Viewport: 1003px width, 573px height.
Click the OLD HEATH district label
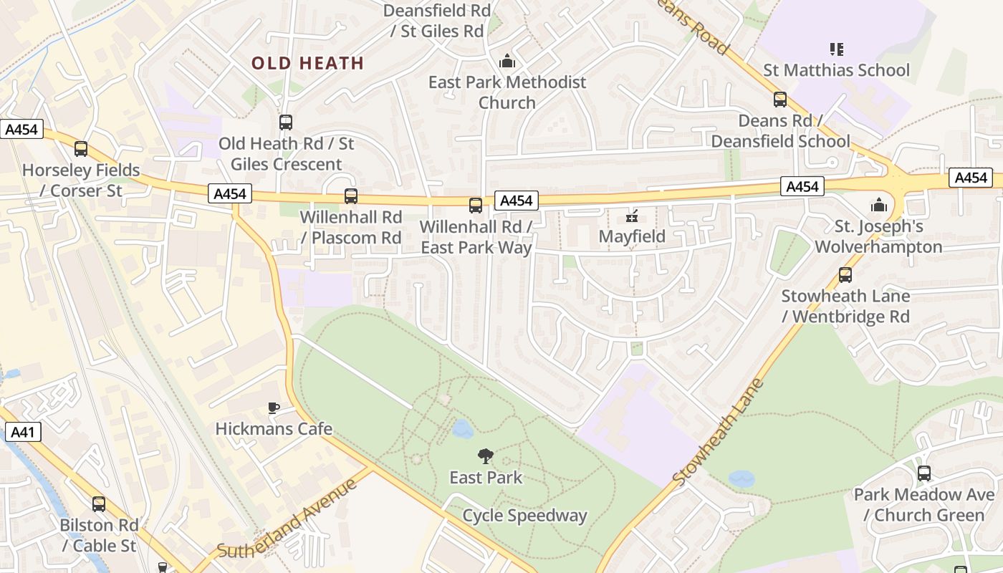coord(308,63)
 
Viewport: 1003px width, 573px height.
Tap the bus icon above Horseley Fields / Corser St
coord(81,149)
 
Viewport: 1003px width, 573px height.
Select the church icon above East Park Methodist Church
coord(507,62)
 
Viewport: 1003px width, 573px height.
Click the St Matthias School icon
coord(836,49)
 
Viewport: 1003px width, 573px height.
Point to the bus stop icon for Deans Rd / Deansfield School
coord(780,100)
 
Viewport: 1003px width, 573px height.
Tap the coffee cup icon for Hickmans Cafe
coord(274,408)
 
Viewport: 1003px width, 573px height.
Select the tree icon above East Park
coord(486,456)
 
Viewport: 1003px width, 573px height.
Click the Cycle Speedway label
coord(524,516)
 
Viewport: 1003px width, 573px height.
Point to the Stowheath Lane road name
coord(719,432)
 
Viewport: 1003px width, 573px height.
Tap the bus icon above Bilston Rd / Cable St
coord(99,504)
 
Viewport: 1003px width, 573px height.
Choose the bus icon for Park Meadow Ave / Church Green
coord(924,473)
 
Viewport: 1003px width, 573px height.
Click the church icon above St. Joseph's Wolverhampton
coord(879,206)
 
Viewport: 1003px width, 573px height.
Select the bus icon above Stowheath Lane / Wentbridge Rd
coord(845,275)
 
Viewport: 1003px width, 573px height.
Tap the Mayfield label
coord(632,236)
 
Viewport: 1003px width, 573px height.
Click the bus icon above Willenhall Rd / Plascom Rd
coord(351,196)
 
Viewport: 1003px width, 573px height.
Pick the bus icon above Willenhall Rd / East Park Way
coord(476,206)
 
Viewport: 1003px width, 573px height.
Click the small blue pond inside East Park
coord(463,429)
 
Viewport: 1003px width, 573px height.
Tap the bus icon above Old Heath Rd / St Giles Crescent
coord(286,122)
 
